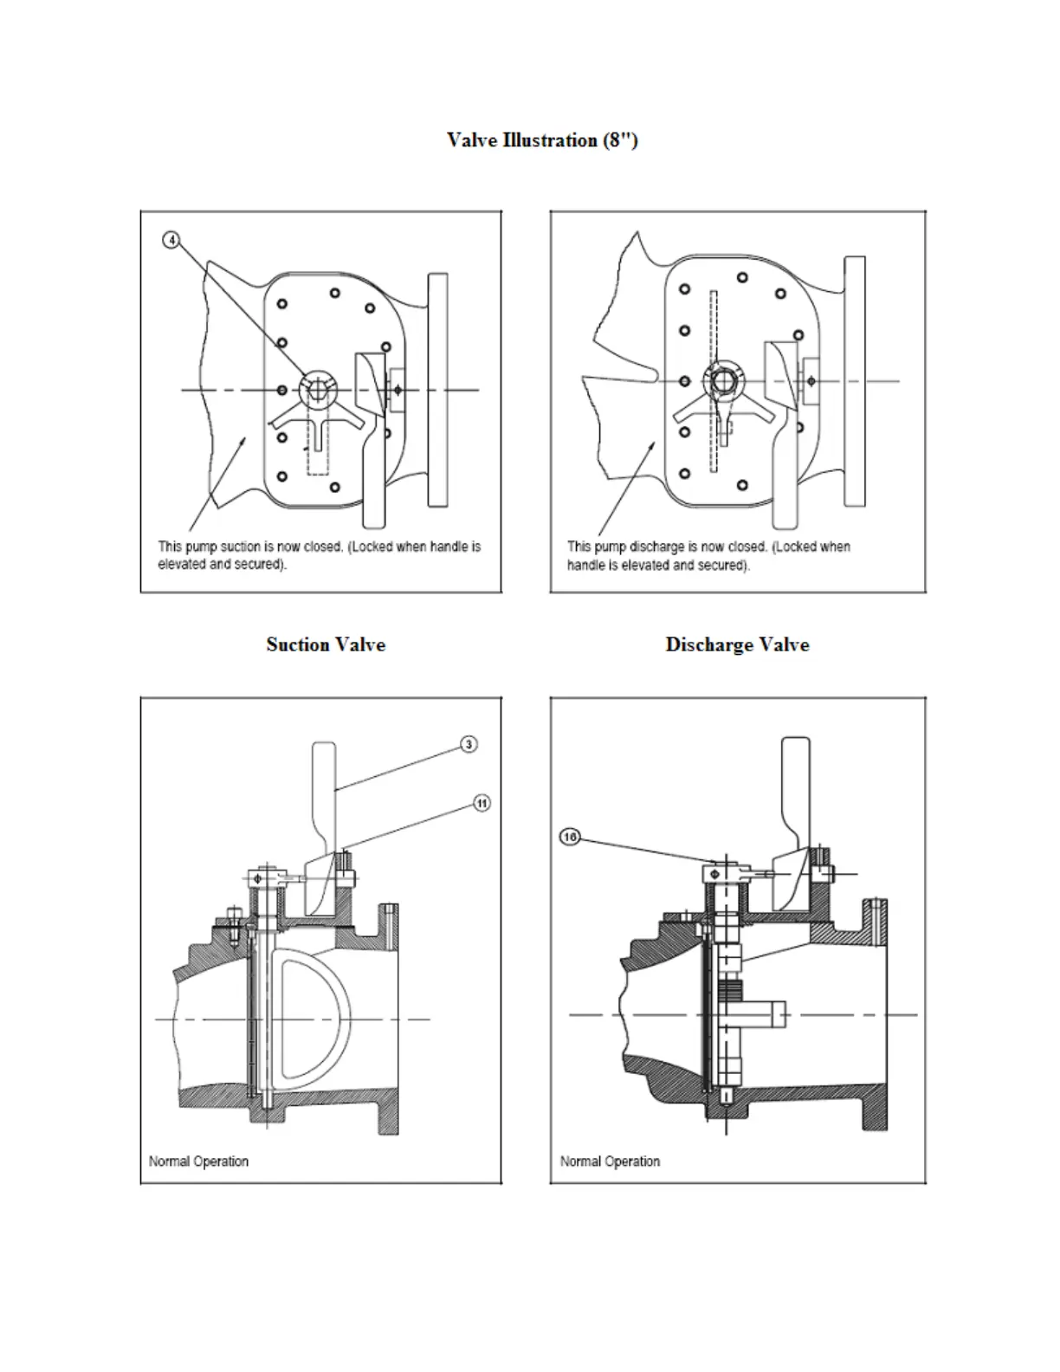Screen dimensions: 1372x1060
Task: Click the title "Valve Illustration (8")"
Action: click(x=542, y=140)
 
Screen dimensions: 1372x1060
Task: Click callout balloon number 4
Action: click(x=171, y=240)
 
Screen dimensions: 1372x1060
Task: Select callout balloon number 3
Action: click(x=469, y=744)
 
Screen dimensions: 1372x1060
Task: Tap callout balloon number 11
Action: click(x=482, y=803)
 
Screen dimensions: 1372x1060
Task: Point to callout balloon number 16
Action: click(x=570, y=837)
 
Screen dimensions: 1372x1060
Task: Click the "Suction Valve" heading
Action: click(x=326, y=644)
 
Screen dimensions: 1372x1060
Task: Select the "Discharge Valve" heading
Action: click(x=737, y=644)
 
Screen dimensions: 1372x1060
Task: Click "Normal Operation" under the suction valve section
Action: click(x=198, y=1162)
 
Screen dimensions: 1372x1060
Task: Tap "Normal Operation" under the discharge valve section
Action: click(x=610, y=1162)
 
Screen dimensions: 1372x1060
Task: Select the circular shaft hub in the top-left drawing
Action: click(x=317, y=390)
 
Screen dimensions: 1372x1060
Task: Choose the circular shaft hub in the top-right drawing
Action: click(x=723, y=379)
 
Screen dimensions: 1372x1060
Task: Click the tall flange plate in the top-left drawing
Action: click(x=437, y=390)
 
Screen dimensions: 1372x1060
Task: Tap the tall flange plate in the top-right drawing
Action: click(x=855, y=381)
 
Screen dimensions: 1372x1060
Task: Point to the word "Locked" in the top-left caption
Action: click(x=372, y=547)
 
